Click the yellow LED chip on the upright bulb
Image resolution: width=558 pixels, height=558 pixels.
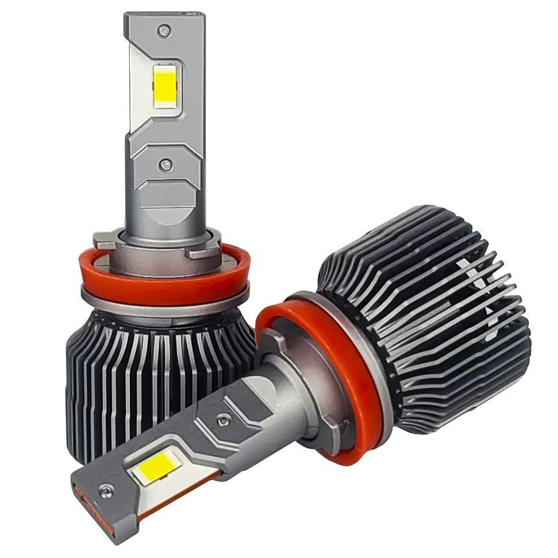coord(165,88)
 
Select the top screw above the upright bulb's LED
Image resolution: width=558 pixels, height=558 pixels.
coord(165,30)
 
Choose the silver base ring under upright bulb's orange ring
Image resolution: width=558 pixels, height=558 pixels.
coord(162,305)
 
